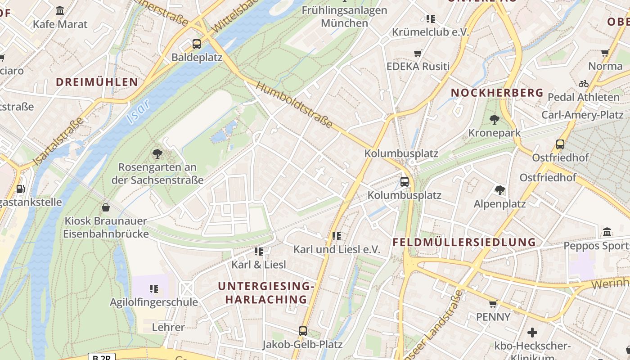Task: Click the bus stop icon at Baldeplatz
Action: click(196, 44)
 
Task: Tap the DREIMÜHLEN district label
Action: click(97, 82)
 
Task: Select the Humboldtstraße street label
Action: click(295, 105)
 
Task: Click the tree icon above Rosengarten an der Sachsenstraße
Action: click(157, 154)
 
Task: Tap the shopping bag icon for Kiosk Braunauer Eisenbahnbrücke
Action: click(106, 207)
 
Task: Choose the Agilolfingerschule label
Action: click(154, 302)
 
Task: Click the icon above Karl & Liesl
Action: click(258, 251)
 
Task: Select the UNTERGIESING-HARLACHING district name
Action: click(265, 292)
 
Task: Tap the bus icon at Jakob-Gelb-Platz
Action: click(303, 331)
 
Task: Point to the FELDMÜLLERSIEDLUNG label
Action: click(464, 242)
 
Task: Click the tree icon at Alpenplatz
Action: click(499, 190)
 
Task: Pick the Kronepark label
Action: click(494, 133)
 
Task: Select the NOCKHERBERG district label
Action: click(497, 93)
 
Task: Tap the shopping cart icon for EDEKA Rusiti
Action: click(418, 53)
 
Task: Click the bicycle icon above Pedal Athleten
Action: click(583, 84)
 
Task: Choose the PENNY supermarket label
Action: click(493, 317)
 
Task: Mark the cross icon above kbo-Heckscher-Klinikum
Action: click(532, 333)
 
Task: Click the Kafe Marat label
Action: click(60, 24)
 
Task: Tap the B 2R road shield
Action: click(101, 357)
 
